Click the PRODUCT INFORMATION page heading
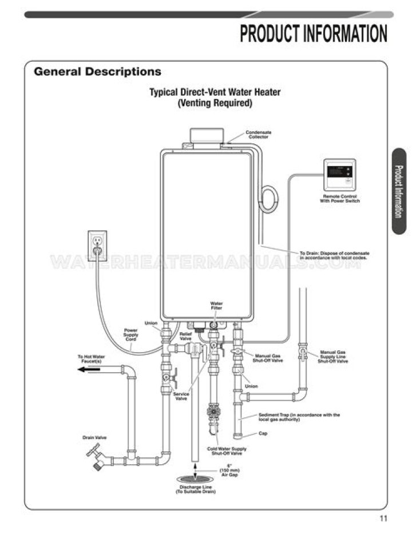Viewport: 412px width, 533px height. (314, 34)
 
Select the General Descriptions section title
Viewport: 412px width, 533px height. (97, 72)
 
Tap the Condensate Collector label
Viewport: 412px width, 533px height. (259, 135)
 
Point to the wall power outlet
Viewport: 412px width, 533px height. (97, 243)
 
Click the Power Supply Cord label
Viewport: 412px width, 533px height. (131, 335)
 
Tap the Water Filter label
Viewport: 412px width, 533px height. (216, 306)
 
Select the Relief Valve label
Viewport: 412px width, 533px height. (185, 336)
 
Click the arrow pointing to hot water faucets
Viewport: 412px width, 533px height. (90, 369)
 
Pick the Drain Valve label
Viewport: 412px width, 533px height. (94, 438)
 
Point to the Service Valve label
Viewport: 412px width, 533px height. (181, 396)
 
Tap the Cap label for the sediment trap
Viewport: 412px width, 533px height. (263, 433)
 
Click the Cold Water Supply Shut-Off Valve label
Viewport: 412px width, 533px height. (227, 451)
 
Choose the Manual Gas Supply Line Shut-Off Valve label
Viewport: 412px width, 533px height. (334, 357)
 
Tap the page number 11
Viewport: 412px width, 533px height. (383, 519)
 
